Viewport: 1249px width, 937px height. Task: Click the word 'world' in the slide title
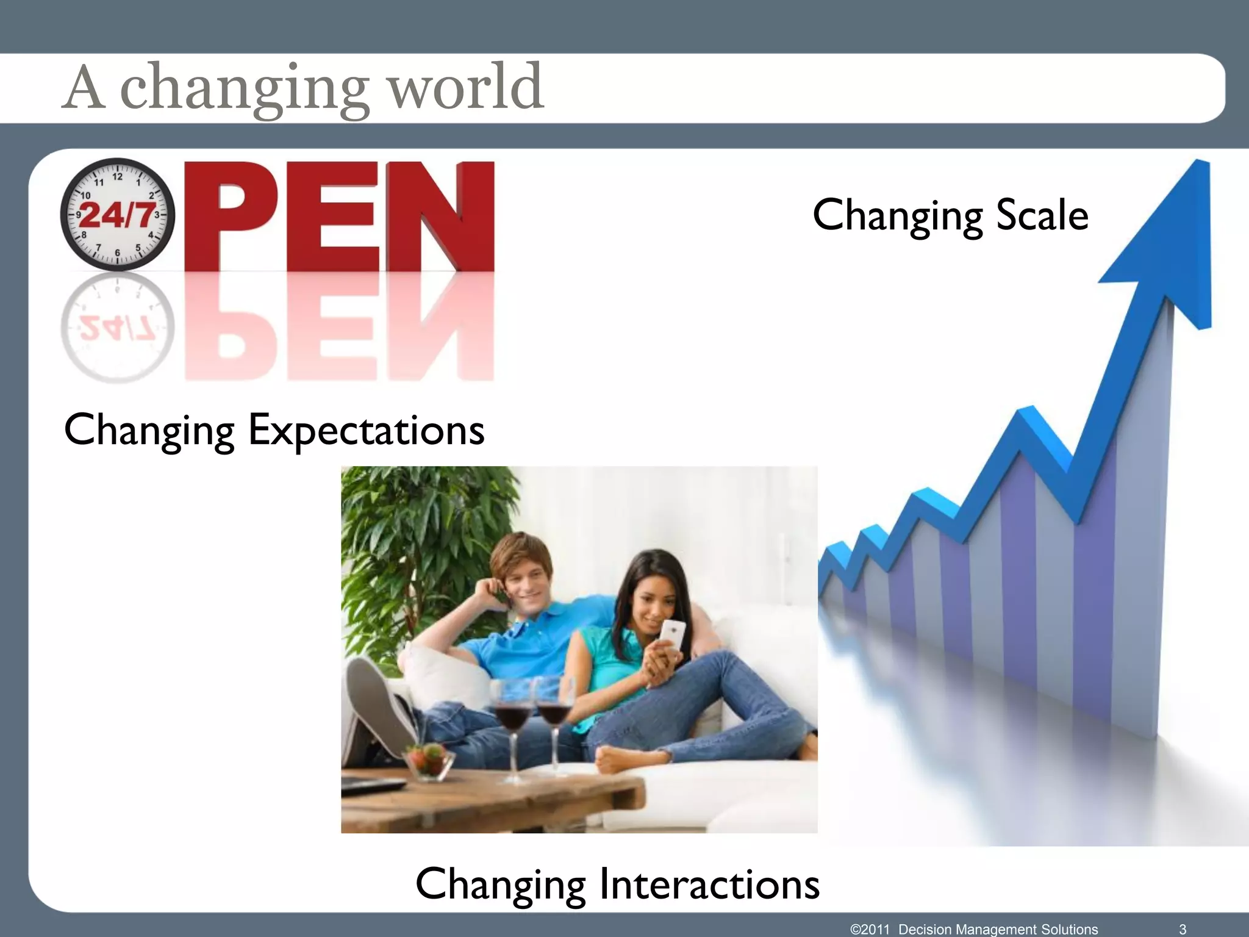tap(466, 88)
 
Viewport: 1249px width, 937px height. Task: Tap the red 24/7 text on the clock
tap(117, 215)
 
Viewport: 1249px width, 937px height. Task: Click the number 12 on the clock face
tap(117, 177)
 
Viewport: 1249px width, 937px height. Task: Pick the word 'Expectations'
tap(366, 431)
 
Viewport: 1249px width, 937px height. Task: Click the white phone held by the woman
tap(673, 634)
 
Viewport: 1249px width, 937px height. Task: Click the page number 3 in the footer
tap(1183, 929)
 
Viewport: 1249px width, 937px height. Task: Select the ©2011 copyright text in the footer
tap(870, 929)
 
